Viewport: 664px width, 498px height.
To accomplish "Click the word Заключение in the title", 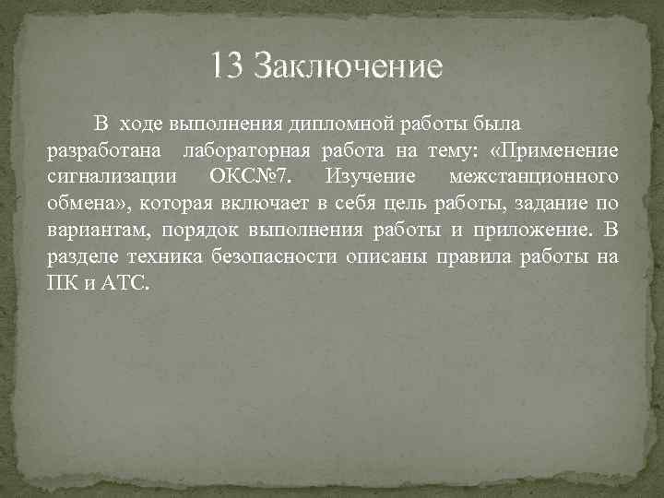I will coord(348,65).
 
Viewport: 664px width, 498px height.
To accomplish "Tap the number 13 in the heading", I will coord(226,65).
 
